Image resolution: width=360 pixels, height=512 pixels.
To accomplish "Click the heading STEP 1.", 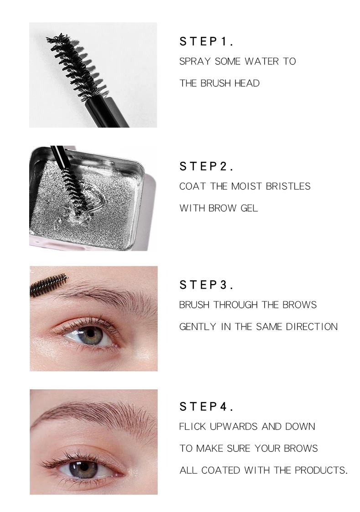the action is tap(206, 41).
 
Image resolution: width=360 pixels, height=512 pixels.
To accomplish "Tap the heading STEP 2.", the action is tap(206, 166).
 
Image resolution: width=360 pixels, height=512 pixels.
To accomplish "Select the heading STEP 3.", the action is tap(206, 285).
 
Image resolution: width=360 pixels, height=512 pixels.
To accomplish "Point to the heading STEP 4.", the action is tap(206, 407).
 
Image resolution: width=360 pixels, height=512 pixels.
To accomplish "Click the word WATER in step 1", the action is tap(262, 62).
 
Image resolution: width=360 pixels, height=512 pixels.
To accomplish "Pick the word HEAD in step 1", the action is tap(247, 83).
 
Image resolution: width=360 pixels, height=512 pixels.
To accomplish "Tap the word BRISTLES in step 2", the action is tap(288, 186).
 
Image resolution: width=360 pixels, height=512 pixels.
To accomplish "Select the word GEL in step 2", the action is tap(249, 208).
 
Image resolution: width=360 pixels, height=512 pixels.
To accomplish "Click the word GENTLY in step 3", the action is tap(197, 327).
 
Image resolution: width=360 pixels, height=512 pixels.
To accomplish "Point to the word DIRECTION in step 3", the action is tap(312, 327).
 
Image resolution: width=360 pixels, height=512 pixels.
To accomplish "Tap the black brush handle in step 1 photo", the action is tap(108, 112).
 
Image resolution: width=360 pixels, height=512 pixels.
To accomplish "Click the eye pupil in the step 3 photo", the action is tap(90, 333).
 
